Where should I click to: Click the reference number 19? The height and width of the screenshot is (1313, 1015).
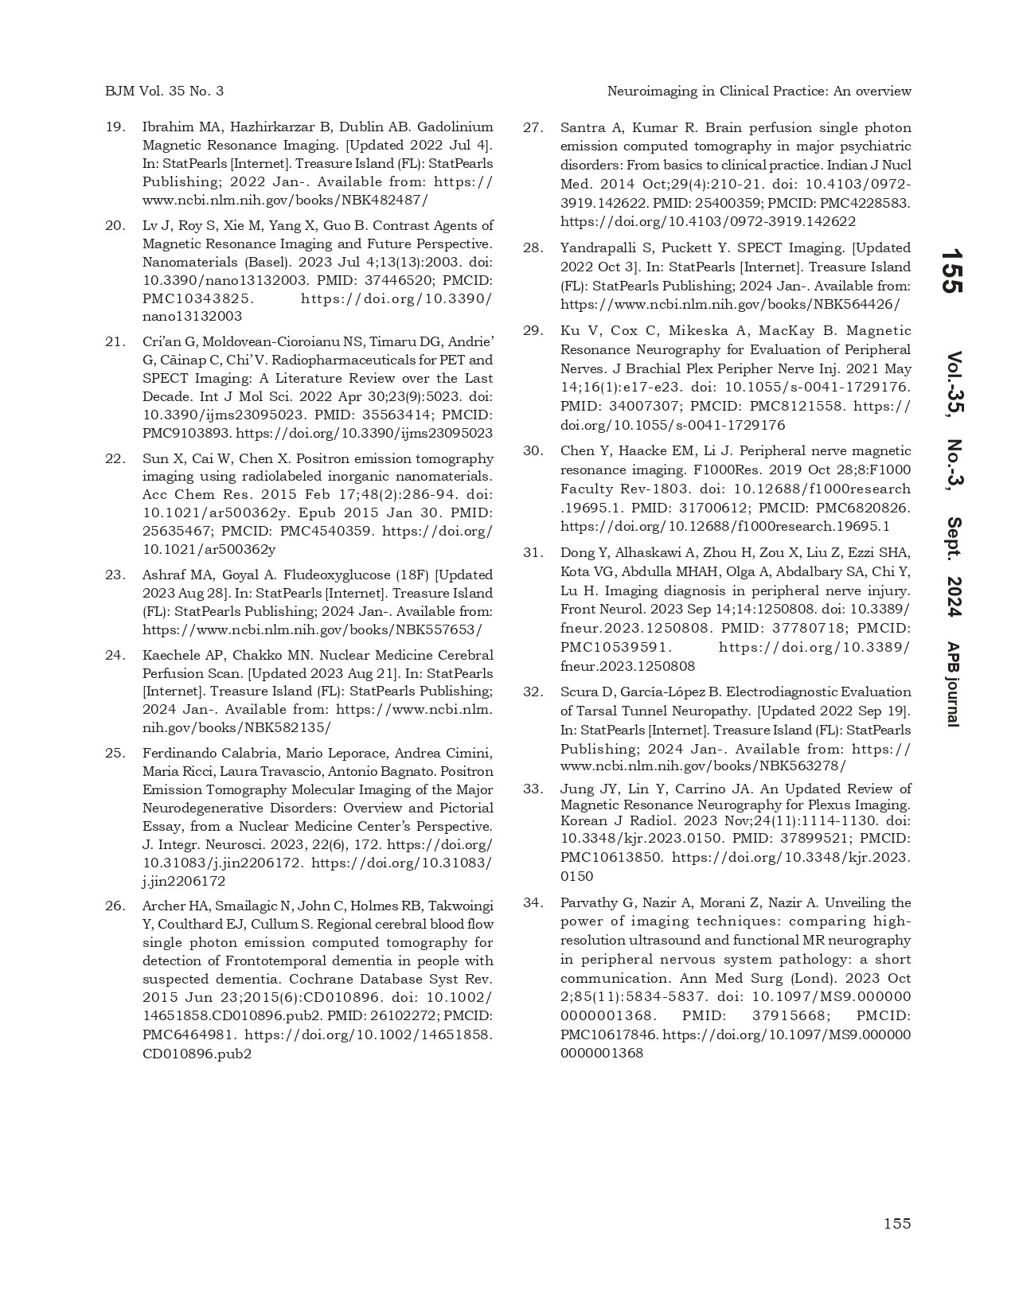pyautogui.click(x=115, y=127)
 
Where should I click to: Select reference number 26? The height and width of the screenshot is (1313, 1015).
pyautogui.click(x=115, y=906)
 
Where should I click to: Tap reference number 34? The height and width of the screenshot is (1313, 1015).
pyautogui.click(x=533, y=902)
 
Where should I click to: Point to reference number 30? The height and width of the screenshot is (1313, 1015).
pyautogui.click(x=533, y=450)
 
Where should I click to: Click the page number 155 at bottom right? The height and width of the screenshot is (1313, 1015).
pyautogui.click(x=897, y=1223)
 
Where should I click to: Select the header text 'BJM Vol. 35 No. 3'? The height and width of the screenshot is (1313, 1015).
pyautogui.click(x=164, y=91)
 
